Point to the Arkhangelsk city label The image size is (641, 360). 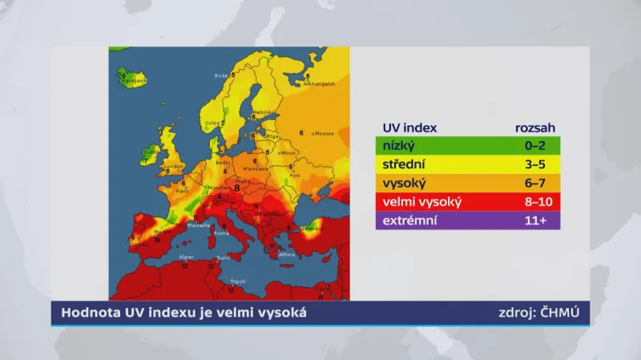click(x=318, y=83)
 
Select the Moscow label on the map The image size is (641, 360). click(x=323, y=133)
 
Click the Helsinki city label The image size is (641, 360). click(x=264, y=111)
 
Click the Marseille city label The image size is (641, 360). click(x=200, y=225)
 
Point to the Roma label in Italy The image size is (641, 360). click(x=221, y=233)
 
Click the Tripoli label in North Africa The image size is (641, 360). click(x=237, y=281)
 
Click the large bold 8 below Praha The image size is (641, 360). click(x=237, y=188)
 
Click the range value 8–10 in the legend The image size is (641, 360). click(x=536, y=201)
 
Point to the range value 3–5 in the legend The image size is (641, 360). click(x=536, y=164)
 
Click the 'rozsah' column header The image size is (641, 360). click(x=535, y=127)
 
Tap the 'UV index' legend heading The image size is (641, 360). click(x=404, y=127)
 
